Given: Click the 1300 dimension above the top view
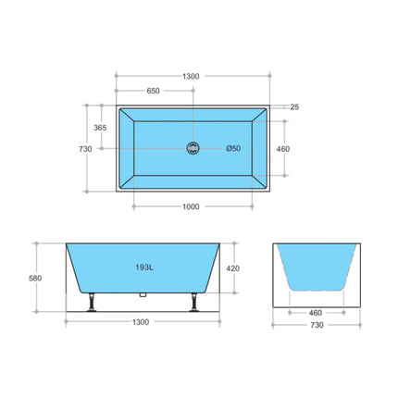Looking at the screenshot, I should (193, 77).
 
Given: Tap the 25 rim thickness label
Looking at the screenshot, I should (293, 107).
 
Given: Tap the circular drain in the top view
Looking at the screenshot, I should (193, 149).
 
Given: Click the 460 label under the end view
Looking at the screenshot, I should (317, 312).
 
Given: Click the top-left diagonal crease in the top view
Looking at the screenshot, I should (124, 116).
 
